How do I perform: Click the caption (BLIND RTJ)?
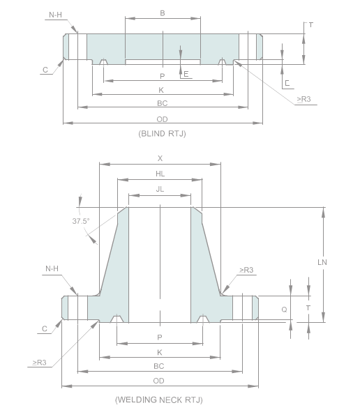pos(162,132)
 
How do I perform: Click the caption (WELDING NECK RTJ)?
pos(159,400)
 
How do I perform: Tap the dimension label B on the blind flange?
pos(162,13)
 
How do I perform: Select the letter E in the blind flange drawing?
pos(186,73)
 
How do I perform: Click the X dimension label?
pos(160,158)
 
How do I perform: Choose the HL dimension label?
pos(160,174)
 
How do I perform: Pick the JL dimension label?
pos(160,190)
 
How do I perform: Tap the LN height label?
pos(322,263)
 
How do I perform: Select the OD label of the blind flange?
pos(162,119)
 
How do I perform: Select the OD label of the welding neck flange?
pos(159,380)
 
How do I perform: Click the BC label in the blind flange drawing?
pos(162,103)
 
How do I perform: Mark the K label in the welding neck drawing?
pos(160,353)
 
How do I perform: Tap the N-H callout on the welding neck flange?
pos(52,268)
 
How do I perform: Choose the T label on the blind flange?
pos(310,24)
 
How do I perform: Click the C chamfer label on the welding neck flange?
pos(45,328)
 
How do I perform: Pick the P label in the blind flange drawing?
pos(162,76)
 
